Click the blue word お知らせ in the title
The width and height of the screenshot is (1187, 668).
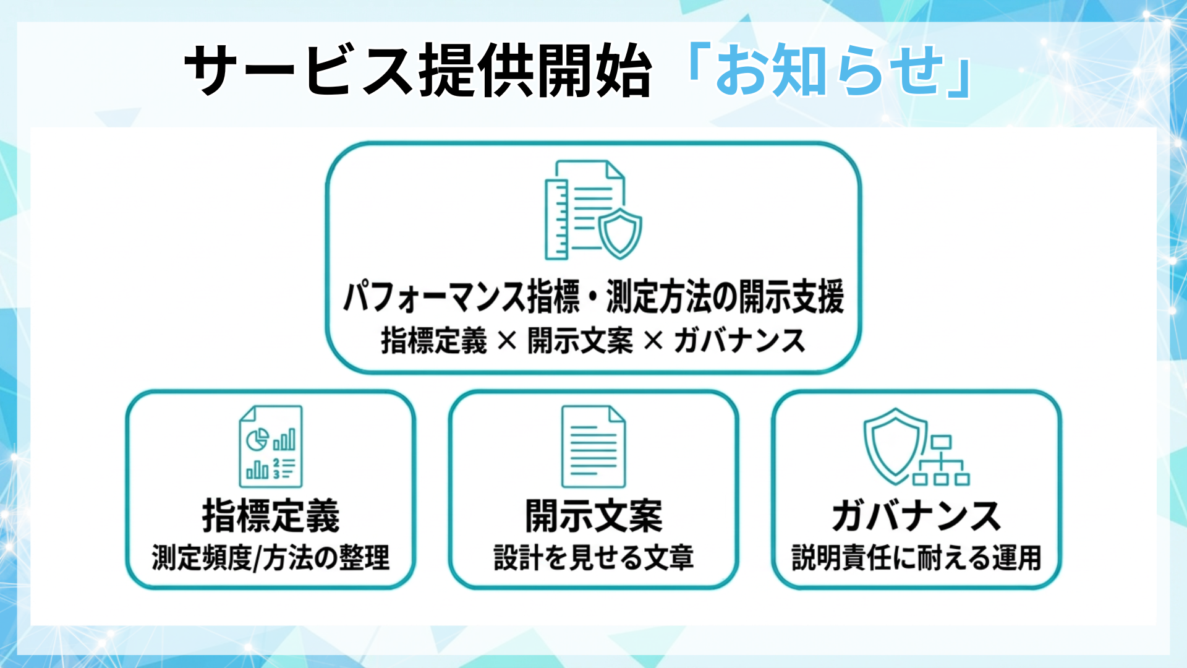828,71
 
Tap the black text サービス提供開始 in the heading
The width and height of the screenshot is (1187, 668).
418,71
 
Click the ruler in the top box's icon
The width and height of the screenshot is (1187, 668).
556,219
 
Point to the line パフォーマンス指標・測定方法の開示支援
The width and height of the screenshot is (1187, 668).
593,297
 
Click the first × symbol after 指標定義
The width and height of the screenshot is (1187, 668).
507,341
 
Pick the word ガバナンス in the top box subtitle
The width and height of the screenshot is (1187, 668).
739,341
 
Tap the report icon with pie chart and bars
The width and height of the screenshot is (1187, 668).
271,447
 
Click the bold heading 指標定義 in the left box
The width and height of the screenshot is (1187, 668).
271,516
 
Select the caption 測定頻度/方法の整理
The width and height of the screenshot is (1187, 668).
271,558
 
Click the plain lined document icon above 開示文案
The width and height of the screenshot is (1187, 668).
593,447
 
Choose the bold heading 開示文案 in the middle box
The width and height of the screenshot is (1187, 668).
593,516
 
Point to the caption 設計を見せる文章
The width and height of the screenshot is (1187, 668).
593,558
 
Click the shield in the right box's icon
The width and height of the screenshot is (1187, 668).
894,445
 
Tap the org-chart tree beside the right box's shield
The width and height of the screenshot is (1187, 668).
941,461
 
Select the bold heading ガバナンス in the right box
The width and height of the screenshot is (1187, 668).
916,516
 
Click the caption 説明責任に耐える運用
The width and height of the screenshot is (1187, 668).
916,558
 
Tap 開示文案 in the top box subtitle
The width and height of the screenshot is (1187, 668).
580,341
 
